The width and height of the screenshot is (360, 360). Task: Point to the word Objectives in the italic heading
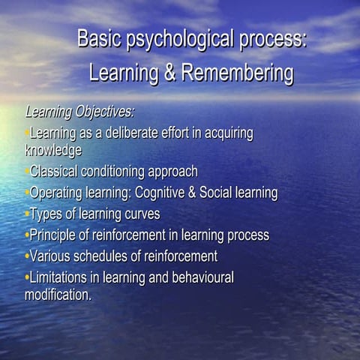pyautogui.click(x=104, y=112)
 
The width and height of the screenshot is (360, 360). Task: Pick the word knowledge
pyautogui.click(x=53, y=150)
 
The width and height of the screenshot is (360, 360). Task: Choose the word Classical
pyautogui.click(x=54, y=172)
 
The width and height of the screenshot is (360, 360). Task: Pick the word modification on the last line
pyautogui.click(x=56, y=294)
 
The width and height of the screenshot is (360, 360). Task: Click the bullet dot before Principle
pyautogui.click(x=27, y=235)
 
